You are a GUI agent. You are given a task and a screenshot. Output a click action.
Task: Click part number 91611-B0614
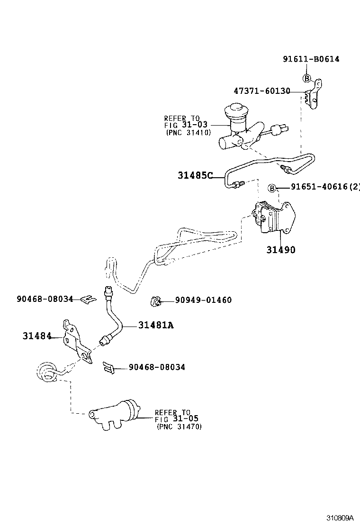tap(311, 59)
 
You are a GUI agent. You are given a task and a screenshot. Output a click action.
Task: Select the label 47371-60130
tap(261, 91)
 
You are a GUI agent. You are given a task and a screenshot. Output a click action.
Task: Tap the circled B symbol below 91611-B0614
tap(306, 78)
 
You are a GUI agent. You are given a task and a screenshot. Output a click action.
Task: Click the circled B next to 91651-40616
tap(272, 188)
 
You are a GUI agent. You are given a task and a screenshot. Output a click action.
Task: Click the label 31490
tap(280, 249)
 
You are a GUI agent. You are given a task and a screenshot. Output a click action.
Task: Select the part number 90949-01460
tap(203, 300)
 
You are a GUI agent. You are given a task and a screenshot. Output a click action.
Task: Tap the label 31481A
tap(156, 325)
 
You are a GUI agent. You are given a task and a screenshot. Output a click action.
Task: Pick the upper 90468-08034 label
tap(45, 299)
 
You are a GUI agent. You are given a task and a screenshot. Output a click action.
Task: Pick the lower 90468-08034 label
tap(156, 367)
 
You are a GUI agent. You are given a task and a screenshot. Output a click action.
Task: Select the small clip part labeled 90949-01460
tap(155, 300)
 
